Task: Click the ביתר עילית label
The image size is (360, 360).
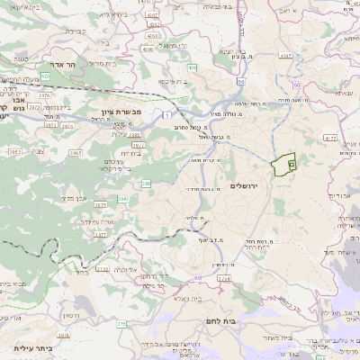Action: (x=33, y=347)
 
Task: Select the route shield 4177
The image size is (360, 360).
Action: (x=330, y=139)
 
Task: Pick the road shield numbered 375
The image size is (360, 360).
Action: (x=121, y=323)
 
